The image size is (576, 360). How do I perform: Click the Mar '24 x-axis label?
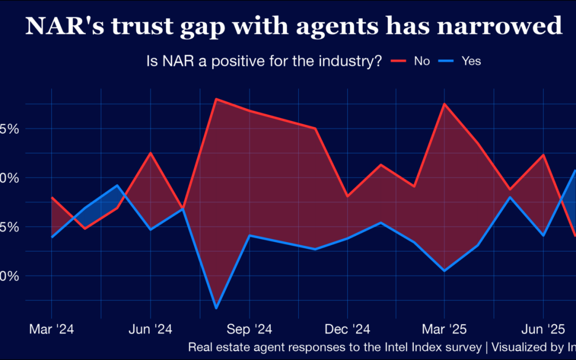click(51, 329)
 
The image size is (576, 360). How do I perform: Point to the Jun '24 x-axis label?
click(150, 329)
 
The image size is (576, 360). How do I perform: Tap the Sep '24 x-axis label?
click(249, 329)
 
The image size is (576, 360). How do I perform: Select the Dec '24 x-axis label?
click(347, 329)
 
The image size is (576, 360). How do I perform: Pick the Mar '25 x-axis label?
click(444, 329)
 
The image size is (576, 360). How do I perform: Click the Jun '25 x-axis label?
click(542, 329)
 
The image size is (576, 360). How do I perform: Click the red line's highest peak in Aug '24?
click(215, 99)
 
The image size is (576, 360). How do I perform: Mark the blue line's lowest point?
click(216, 308)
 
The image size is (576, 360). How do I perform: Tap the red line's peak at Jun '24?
click(150, 153)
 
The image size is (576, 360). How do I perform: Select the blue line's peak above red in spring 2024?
click(117, 185)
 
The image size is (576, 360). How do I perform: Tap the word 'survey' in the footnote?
click(463, 347)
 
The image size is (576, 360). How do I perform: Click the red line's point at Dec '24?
click(347, 196)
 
